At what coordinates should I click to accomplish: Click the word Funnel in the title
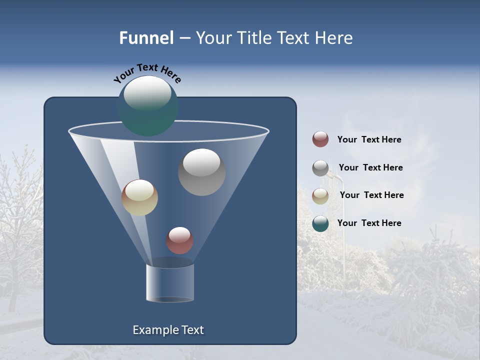point(146,38)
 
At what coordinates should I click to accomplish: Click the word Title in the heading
point(253,38)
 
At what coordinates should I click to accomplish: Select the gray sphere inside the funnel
point(201,172)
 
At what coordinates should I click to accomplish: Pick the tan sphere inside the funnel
point(139,197)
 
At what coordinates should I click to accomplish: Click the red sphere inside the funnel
point(179,240)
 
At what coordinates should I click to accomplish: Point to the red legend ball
point(320,139)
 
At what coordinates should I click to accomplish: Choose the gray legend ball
point(320,168)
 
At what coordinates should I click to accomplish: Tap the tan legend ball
point(320,196)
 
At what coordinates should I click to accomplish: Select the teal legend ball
point(320,223)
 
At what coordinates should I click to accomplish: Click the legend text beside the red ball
point(369,139)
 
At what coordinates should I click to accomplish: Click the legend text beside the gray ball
point(370,167)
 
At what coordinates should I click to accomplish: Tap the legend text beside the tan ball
point(371,195)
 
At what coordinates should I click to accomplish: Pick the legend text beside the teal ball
point(369,223)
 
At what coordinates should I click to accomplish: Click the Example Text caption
point(168,330)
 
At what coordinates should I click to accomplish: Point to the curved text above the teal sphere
point(147,73)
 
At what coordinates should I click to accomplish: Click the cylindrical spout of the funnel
point(170,282)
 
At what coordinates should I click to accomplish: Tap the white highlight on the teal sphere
point(147,93)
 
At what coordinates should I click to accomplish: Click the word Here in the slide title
point(334,38)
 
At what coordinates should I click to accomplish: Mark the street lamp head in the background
point(336,177)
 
